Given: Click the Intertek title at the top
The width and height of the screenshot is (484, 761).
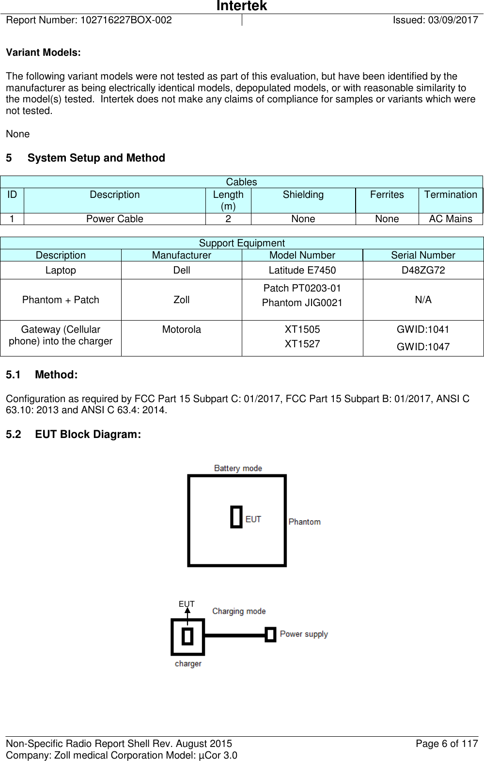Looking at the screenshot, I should click(x=241, y=6).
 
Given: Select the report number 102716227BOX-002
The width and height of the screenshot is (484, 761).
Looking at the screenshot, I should click(x=126, y=20).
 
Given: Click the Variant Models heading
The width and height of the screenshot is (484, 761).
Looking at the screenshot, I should click(x=43, y=53).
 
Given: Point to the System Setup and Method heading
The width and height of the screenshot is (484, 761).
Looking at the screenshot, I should click(x=96, y=158).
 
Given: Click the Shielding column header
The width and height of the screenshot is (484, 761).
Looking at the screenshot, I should click(x=303, y=195).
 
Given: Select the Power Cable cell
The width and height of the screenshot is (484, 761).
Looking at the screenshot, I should click(x=114, y=219).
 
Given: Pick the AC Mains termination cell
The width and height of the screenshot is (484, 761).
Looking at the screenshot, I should click(x=450, y=219).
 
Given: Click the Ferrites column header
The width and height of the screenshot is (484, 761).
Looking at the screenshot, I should click(x=387, y=195).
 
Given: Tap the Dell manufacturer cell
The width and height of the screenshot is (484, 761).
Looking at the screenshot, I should click(x=181, y=270).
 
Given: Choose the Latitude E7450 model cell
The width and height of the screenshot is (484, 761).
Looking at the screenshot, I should click(x=302, y=270).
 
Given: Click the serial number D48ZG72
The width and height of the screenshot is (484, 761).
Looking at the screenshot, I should click(x=423, y=270).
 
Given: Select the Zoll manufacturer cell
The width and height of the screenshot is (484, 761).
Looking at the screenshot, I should click(x=181, y=300).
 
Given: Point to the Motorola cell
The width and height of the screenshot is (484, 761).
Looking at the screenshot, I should click(x=181, y=330).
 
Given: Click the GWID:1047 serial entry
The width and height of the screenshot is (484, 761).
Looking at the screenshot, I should click(x=423, y=347).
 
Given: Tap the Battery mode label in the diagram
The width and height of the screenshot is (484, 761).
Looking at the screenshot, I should click(x=238, y=469).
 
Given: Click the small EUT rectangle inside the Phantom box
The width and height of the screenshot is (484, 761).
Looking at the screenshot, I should click(x=236, y=517).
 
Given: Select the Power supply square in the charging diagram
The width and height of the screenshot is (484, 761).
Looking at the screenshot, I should click(x=270, y=634).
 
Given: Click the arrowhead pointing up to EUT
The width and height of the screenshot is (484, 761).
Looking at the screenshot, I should click(x=187, y=611).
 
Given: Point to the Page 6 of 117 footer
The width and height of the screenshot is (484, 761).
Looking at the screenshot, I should click(x=446, y=744).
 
